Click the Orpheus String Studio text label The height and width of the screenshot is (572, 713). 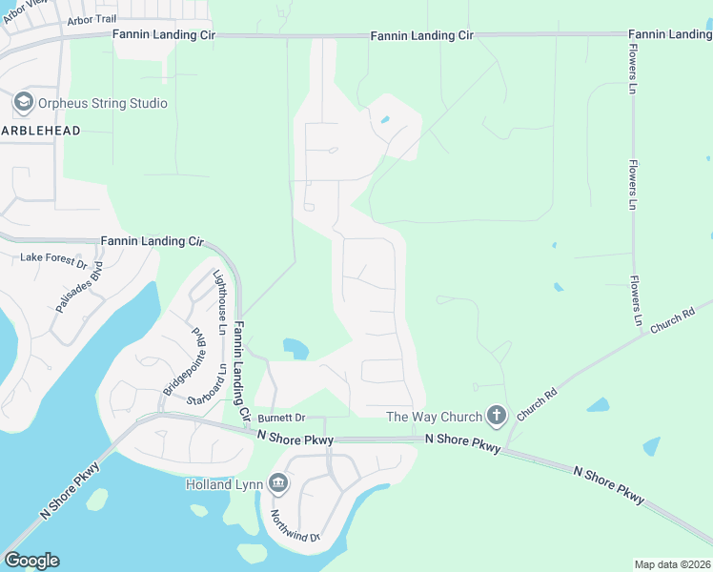(102, 103)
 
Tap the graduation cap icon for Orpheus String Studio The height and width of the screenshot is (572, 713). (22, 102)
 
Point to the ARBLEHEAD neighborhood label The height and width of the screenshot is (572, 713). (40, 130)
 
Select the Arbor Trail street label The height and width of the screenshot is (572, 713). (93, 21)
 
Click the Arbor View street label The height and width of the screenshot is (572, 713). (24, 11)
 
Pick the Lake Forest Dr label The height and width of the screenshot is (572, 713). (53, 258)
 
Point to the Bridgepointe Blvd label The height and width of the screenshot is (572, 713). (185, 363)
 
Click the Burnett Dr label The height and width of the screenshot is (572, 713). (281, 418)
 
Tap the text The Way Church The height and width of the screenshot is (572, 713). (434, 416)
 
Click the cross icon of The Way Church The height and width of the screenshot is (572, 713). (496, 415)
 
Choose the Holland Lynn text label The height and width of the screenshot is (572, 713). (223, 484)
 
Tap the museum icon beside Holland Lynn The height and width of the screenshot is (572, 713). (278, 484)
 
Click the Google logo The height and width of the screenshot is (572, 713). (31, 561)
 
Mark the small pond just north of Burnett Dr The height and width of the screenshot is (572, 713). (295, 348)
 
